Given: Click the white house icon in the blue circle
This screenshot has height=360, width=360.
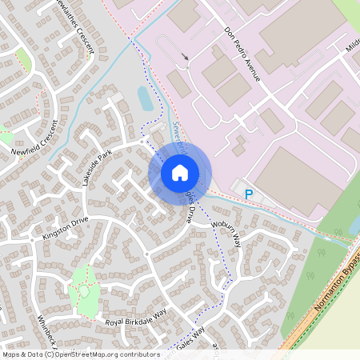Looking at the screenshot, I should coord(179,172).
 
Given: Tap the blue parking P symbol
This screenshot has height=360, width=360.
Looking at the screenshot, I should coord(248,194).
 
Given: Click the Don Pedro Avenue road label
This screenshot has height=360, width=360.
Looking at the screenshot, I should coord(242,56).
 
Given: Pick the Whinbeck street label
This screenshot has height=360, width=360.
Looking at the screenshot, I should coord(46,328).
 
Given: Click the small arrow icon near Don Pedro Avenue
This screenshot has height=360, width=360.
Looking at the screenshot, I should coord(186,56).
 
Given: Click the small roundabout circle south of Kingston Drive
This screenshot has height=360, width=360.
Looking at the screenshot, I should coord(147,254).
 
